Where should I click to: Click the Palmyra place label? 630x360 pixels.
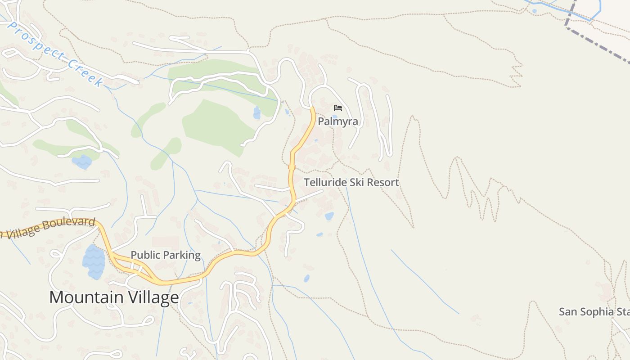pyautogui.click(x=338, y=121)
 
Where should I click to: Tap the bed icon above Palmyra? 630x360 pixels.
pyautogui.click(x=338, y=108)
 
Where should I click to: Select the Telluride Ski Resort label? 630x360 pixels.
pyautogui.click(x=351, y=182)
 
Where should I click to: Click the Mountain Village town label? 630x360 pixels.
pyautogui.click(x=114, y=297)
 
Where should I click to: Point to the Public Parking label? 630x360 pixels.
pyautogui.click(x=166, y=255)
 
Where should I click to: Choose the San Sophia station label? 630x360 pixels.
pyautogui.click(x=594, y=312)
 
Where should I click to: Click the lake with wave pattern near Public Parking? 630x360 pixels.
pyautogui.click(x=94, y=261)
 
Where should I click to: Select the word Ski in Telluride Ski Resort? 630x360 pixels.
pyautogui.click(x=358, y=182)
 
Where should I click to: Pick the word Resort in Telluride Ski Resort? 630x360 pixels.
pyautogui.click(x=383, y=182)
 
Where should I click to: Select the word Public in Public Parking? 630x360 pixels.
pyautogui.click(x=145, y=255)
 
